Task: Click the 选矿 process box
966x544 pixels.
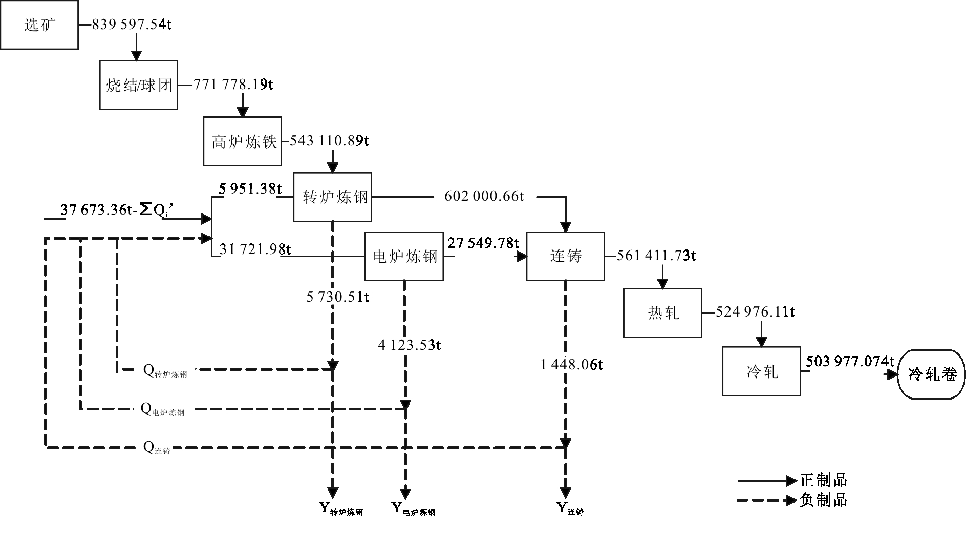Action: click(39, 25)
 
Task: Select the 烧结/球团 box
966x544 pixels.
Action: click(139, 85)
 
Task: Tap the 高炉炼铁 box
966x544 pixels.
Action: click(243, 141)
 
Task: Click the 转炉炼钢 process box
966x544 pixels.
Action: click(333, 197)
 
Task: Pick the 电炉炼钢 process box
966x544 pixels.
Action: click(404, 256)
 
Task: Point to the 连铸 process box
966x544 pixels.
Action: click(566, 256)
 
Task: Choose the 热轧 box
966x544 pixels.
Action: click(662, 312)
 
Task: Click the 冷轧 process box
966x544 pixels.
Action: click(761, 371)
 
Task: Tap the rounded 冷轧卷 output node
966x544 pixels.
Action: click(932, 374)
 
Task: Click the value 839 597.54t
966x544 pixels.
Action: click(132, 25)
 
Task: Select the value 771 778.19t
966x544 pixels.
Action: click(233, 84)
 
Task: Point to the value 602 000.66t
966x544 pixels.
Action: click(484, 196)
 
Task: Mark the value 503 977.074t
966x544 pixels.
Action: click(850, 362)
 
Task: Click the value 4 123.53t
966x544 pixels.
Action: click(410, 345)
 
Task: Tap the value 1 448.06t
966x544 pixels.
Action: click(571, 365)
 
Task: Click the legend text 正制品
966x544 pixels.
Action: click(823, 480)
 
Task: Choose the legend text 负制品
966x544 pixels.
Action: click(823, 499)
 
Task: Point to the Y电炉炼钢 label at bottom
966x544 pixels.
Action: click(413, 509)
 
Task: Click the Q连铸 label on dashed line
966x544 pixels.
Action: click(157, 448)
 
